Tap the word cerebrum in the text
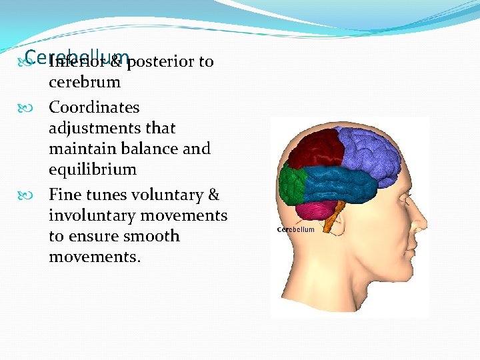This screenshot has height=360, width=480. pyautogui.click(x=85, y=83)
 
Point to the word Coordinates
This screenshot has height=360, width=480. pyautogui.click(x=94, y=107)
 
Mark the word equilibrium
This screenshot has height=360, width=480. pyautogui.click(x=92, y=169)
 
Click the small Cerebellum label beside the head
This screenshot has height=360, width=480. pyautogui.click(x=295, y=229)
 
